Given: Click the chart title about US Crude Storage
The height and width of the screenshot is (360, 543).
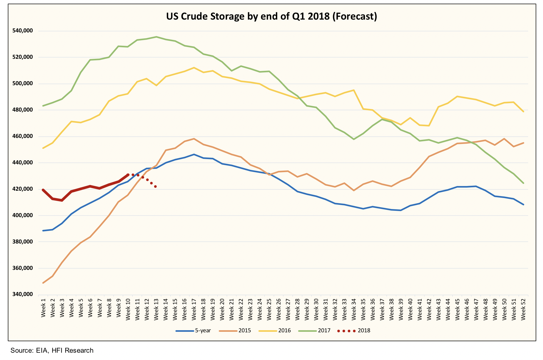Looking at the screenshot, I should [271, 16].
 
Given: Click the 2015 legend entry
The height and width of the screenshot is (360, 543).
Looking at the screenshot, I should [235, 330].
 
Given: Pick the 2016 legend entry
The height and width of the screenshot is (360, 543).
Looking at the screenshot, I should [275, 330].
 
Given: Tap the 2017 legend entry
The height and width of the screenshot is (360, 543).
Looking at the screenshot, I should [315, 330].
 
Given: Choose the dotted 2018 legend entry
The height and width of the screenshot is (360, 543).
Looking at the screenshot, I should [354, 330].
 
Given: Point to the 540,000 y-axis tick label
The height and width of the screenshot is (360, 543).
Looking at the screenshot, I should [23, 31].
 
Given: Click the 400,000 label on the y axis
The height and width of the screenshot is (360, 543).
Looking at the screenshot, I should [23, 215].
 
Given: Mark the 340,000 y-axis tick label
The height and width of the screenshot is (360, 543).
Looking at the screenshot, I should [23, 294].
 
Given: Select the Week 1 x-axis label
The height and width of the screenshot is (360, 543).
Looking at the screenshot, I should [43, 308].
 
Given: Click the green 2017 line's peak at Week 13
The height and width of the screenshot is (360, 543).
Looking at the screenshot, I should [156, 37].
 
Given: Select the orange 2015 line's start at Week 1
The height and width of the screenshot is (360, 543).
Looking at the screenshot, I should [43, 283].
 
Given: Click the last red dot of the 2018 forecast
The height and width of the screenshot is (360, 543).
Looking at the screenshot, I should [155, 187].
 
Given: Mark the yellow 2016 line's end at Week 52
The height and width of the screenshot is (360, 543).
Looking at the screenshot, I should [523, 112].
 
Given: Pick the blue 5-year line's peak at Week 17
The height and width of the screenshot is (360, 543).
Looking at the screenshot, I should [194, 154].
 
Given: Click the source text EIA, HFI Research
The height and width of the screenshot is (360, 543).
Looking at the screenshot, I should [52, 350].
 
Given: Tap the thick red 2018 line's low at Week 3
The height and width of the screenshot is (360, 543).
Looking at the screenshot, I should [62, 200].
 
